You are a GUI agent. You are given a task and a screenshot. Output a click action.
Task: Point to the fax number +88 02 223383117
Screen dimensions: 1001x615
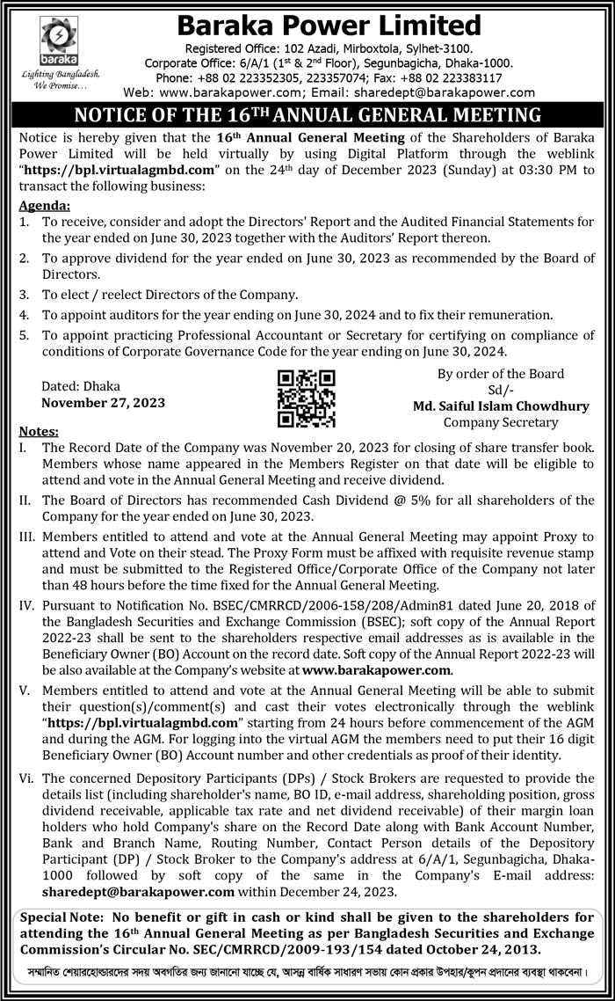[x=475, y=77]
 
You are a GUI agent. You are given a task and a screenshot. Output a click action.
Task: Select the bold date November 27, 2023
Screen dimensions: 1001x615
[x=103, y=403]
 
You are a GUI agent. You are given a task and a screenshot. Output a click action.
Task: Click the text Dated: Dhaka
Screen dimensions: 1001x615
[x=82, y=386]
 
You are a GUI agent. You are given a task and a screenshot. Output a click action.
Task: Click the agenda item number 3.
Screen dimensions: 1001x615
[x=24, y=295]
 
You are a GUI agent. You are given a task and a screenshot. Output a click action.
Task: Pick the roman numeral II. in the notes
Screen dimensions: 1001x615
[x=25, y=500]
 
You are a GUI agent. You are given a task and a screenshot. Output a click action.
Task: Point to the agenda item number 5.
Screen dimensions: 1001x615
[x=24, y=335]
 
